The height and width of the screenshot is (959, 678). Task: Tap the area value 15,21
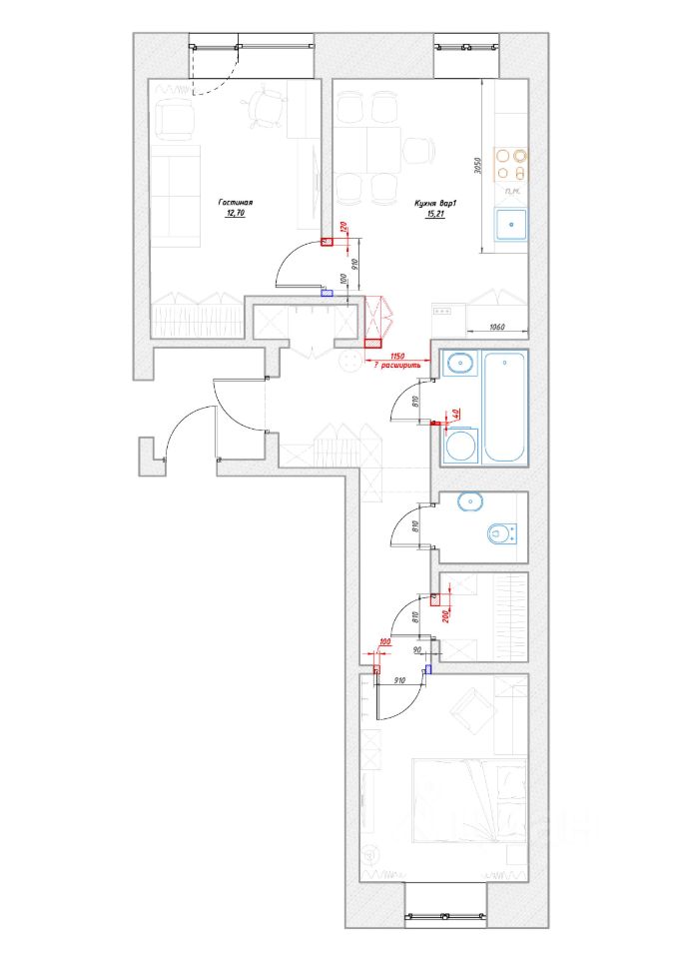coord(434,213)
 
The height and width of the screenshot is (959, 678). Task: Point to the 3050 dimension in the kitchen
coord(477,166)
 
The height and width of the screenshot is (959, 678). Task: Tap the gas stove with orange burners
coord(511,162)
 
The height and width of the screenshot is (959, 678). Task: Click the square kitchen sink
coord(511,224)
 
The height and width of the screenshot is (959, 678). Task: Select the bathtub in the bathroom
coord(505,407)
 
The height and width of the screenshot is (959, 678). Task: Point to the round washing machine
coord(461,446)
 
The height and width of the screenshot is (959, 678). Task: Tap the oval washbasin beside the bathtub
coord(460,365)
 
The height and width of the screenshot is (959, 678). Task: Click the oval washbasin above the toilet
coord(468,501)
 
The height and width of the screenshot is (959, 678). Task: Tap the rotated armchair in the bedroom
coord(469,711)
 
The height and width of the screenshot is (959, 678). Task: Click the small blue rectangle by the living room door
coord(326,293)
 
